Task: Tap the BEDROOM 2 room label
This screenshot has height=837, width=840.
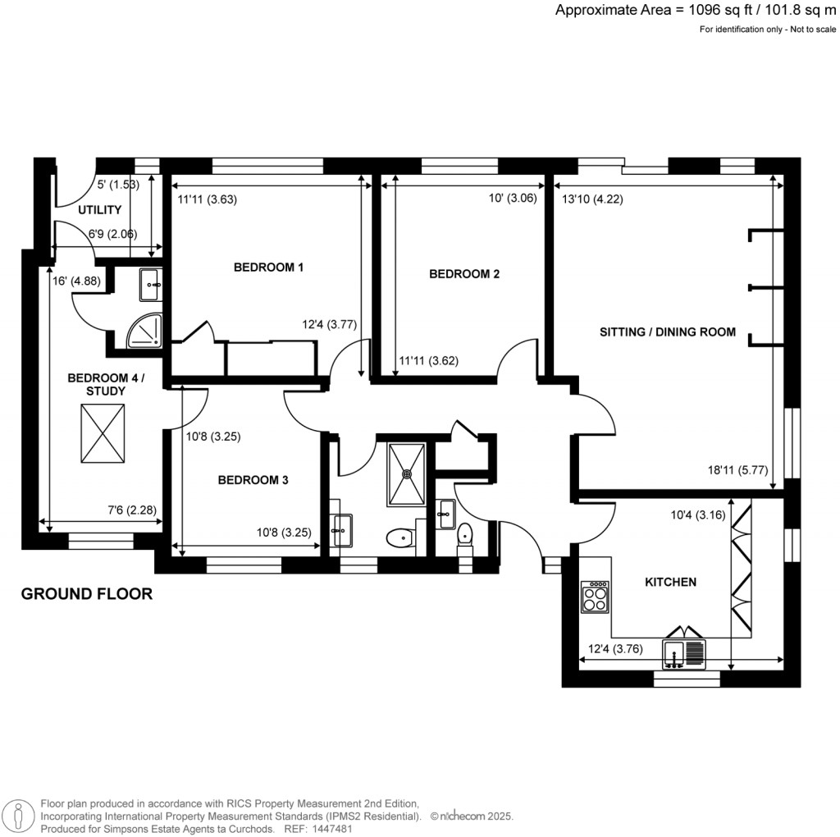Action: (x=464, y=274)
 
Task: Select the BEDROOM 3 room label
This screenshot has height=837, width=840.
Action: (x=253, y=481)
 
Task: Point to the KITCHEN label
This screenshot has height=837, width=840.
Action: (x=670, y=582)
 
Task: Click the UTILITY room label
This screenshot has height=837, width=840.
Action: (x=100, y=210)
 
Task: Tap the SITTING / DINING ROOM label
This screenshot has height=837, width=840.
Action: (x=668, y=332)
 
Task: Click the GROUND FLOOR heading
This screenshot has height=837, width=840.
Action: (x=86, y=594)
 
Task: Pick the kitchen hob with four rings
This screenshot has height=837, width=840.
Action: (x=594, y=597)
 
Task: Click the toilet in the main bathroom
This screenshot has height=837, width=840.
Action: (x=399, y=538)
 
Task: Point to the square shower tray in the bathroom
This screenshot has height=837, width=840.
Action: (x=406, y=474)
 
